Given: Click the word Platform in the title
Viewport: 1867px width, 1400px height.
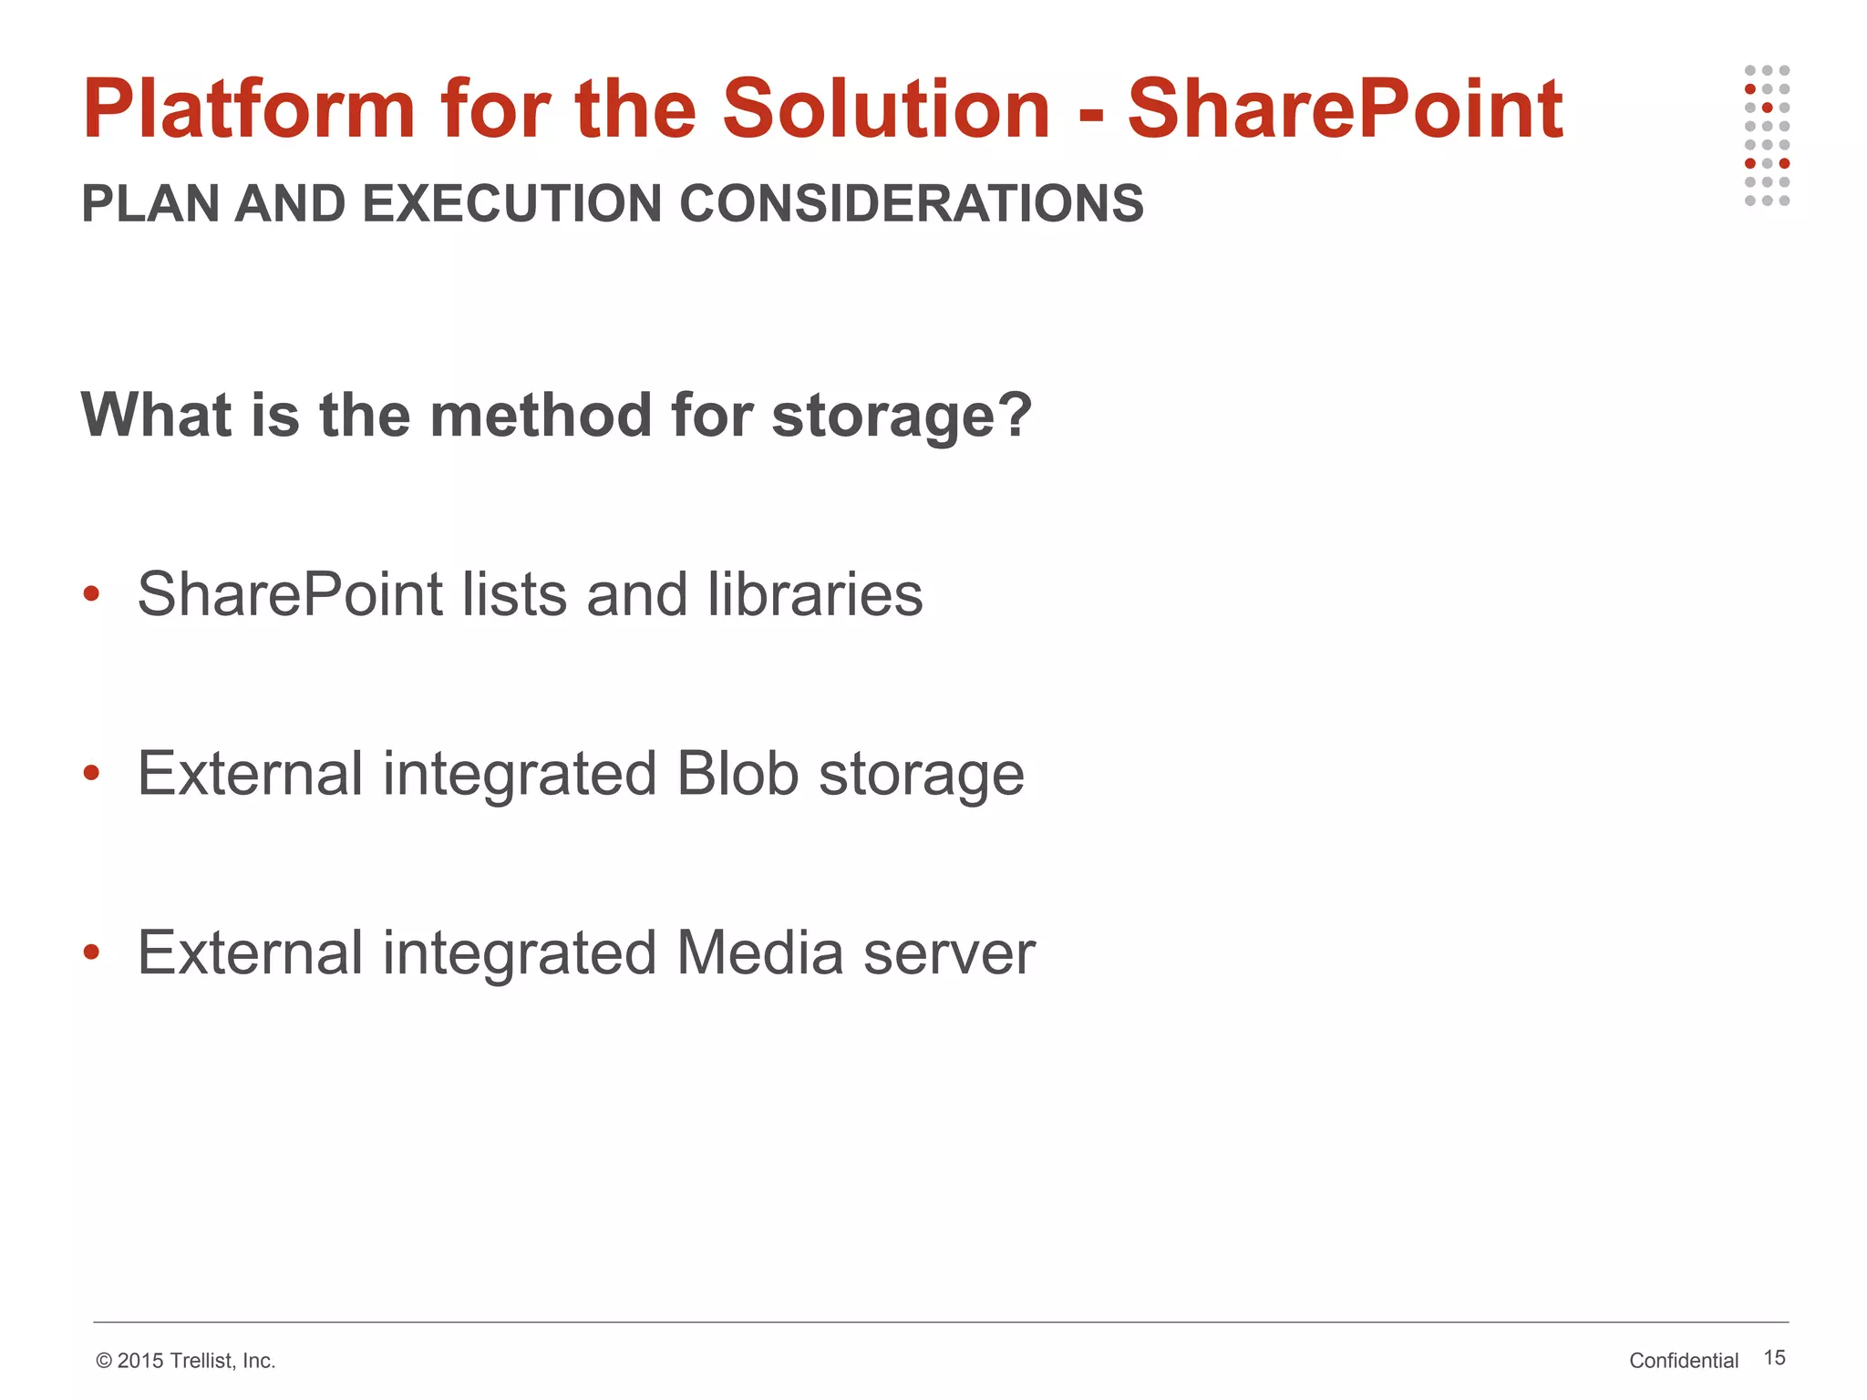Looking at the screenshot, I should (248, 109).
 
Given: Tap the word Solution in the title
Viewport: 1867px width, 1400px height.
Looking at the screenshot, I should (886, 109).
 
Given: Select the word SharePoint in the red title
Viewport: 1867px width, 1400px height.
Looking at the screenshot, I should (1345, 109).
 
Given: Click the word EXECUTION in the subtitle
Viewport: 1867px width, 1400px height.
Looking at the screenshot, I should (511, 203).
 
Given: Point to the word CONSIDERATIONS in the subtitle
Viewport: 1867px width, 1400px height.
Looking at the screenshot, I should (911, 203).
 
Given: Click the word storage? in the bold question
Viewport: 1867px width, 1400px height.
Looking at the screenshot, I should (901, 416).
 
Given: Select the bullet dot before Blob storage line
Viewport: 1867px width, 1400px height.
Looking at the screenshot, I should (90, 774).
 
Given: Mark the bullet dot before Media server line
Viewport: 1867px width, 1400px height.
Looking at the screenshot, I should (90, 953).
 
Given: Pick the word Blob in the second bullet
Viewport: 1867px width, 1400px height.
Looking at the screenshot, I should (738, 774).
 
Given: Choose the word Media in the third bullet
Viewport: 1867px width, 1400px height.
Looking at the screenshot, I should (759, 953).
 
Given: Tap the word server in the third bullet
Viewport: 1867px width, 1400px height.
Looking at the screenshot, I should (949, 953).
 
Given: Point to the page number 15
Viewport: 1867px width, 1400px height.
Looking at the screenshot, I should (1774, 1358).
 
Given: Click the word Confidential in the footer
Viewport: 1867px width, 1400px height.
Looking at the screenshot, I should (1684, 1361).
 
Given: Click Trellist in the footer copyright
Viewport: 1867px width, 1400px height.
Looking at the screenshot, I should (201, 1361).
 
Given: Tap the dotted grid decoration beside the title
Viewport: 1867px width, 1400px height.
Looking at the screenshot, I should (1767, 136).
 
